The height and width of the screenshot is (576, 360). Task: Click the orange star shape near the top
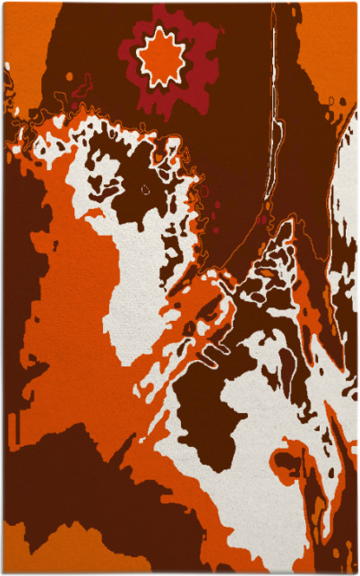pos(162,57)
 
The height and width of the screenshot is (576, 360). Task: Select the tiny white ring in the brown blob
pos(146,189)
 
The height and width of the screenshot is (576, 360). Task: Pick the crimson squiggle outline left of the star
pos(82,87)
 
